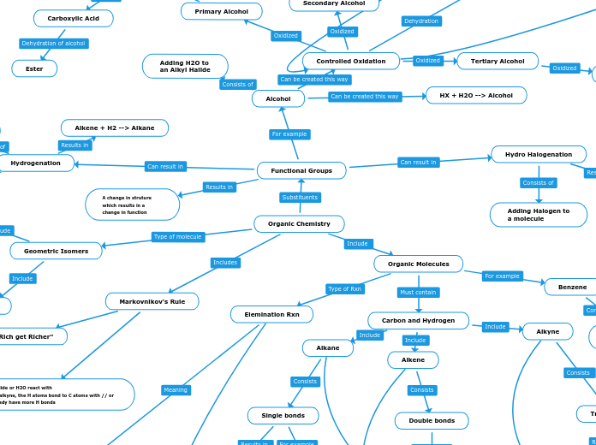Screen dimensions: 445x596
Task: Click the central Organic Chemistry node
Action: click(x=299, y=224)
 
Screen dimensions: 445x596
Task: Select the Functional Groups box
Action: click(x=301, y=171)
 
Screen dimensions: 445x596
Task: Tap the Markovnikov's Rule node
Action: click(x=152, y=301)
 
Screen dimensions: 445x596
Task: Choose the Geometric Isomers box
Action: click(x=56, y=251)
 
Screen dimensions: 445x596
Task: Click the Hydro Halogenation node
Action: click(x=539, y=154)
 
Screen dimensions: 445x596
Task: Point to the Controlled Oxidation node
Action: click(x=351, y=62)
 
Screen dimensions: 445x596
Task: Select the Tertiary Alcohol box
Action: click(x=498, y=61)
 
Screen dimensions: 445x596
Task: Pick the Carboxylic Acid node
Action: click(x=74, y=18)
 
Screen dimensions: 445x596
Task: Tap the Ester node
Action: click(x=34, y=68)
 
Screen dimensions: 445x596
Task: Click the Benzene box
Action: click(x=572, y=287)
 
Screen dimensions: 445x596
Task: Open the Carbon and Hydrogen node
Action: click(x=419, y=321)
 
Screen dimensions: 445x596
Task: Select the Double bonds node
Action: click(x=432, y=421)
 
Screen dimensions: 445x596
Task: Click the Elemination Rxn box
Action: click(x=271, y=315)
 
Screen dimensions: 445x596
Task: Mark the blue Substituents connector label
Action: click(x=300, y=198)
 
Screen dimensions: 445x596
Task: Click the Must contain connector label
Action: click(x=419, y=293)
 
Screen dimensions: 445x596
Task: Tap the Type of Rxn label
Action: click(x=345, y=289)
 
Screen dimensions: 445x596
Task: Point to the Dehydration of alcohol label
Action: click(x=54, y=44)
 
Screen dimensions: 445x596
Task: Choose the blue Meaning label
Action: click(x=176, y=390)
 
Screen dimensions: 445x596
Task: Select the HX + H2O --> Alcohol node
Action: click(x=476, y=96)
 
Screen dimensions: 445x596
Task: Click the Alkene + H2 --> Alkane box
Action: click(x=115, y=128)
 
